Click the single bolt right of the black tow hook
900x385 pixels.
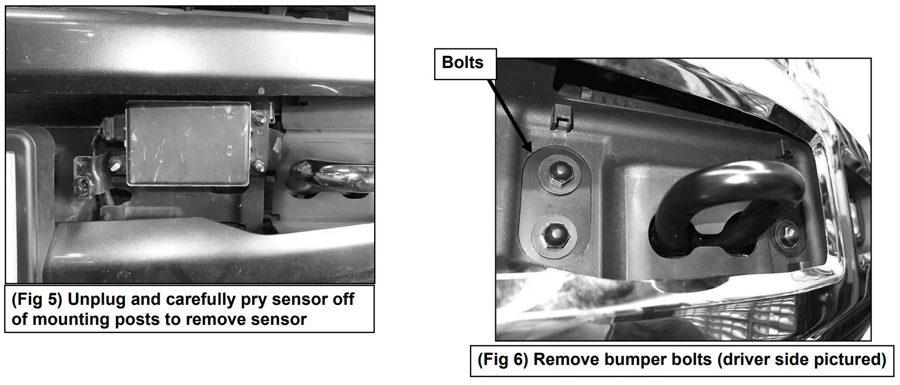pos(786,230)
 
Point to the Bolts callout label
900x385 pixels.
pos(463,63)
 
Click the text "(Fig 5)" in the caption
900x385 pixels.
pos(36,300)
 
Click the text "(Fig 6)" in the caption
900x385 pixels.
pos(502,360)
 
